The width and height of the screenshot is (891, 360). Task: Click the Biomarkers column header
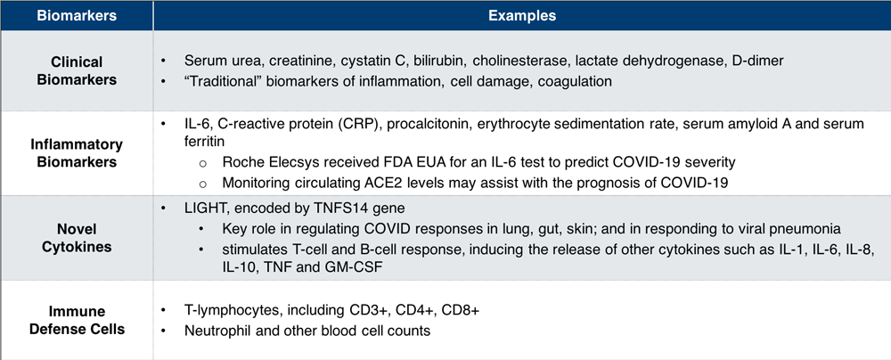coord(77,15)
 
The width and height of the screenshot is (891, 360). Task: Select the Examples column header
coord(521,15)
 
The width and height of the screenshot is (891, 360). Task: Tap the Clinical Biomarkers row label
coord(77,70)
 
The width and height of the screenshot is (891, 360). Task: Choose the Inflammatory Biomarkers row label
coord(77,153)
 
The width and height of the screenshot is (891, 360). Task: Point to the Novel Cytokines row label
coord(77,238)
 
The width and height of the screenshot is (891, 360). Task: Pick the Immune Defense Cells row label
coord(77,320)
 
